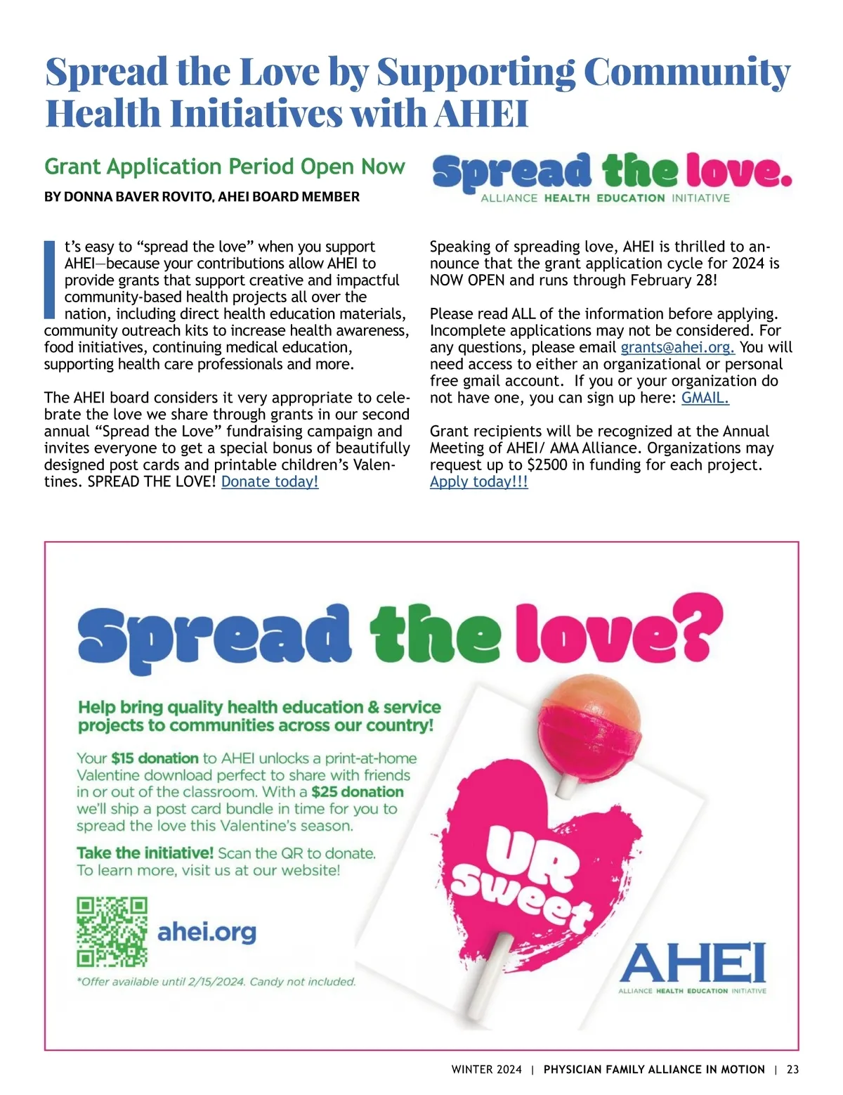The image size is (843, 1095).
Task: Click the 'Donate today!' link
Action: (x=270, y=482)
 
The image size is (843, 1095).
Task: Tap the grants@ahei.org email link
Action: (x=677, y=347)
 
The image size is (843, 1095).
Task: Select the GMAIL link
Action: (x=705, y=398)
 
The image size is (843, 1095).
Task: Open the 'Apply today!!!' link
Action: (x=478, y=482)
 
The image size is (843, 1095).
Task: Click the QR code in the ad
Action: (x=112, y=932)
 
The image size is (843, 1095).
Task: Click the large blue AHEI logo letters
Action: (x=692, y=963)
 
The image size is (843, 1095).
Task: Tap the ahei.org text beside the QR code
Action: (x=207, y=933)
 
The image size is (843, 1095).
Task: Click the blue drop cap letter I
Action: (x=49, y=280)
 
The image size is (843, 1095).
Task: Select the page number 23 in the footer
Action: (x=792, y=1070)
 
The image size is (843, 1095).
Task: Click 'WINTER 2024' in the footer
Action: (x=486, y=1070)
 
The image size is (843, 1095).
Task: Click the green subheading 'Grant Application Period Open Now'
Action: (x=224, y=167)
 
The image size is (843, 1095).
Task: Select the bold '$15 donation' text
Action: (x=155, y=758)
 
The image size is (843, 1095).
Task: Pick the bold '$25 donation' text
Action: (x=358, y=792)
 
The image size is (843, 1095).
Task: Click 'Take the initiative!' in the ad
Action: (x=145, y=853)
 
